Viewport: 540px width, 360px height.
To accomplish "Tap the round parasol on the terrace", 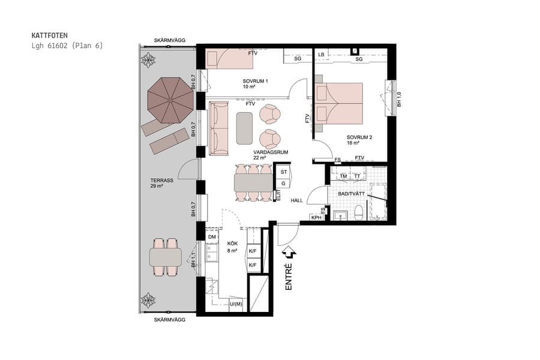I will point(171,99).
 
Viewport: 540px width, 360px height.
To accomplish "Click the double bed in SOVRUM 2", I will point(339,105).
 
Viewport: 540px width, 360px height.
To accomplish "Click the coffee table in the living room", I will point(244,128).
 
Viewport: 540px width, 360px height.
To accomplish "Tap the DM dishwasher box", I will point(212,238).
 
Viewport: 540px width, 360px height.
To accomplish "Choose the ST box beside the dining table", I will point(284,172).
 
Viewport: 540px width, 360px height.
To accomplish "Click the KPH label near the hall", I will point(316,217).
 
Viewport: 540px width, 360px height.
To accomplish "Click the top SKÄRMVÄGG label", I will point(170,40).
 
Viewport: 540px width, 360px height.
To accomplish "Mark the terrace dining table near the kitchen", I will point(166,257).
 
